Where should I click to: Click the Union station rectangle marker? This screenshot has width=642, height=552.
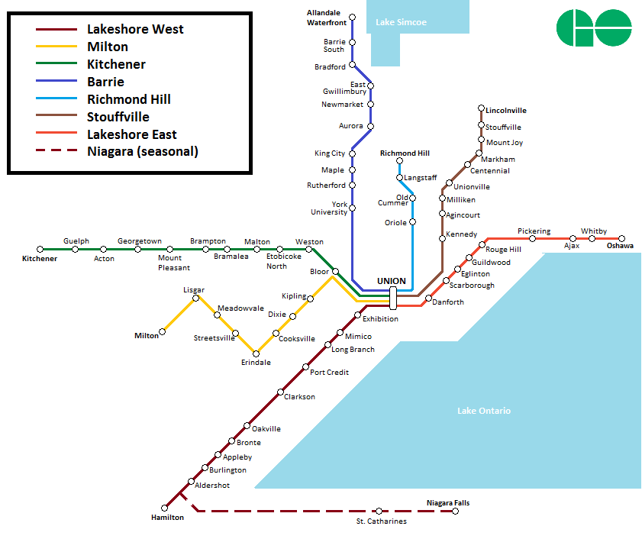point(392,298)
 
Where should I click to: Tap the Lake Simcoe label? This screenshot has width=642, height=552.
point(401,22)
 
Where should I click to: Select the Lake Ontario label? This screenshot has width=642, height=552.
point(484,411)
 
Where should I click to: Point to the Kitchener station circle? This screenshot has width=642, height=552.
point(40,250)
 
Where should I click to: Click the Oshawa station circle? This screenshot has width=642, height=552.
point(622,238)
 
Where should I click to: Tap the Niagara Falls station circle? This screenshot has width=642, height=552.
point(456,511)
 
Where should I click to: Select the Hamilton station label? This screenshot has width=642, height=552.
point(167,518)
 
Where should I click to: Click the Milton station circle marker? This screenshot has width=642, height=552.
point(163,334)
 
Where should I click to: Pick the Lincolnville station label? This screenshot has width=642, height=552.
point(506,111)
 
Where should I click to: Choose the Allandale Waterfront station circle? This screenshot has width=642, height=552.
point(353,17)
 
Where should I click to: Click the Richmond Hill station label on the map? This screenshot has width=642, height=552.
point(405,153)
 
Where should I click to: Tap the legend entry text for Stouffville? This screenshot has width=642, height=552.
point(118,117)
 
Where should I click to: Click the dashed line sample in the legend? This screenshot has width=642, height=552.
point(56,151)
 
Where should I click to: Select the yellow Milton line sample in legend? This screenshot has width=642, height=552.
point(56,47)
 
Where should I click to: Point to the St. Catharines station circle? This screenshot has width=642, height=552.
point(379,511)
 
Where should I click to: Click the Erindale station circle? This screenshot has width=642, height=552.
point(256,353)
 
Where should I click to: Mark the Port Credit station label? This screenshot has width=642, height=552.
point(330,373)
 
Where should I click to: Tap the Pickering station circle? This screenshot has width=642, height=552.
point(533,238)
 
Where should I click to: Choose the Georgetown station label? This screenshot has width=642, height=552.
point(140,241)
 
